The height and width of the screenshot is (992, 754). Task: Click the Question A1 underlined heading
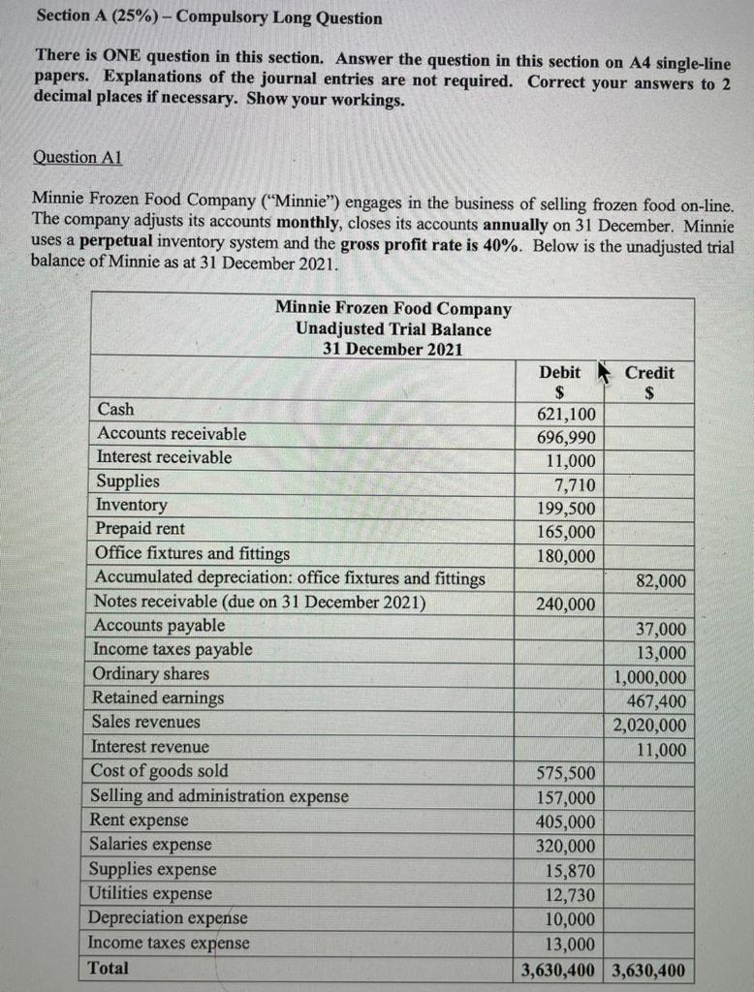pos(77,157)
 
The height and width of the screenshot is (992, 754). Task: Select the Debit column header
pos(559,373)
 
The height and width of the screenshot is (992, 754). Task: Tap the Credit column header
pos(649,373)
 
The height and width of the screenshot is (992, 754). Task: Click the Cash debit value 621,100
pos(566,415)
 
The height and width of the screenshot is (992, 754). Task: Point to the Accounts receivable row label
pos(172,434)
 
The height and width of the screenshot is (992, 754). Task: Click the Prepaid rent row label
pos(140,529)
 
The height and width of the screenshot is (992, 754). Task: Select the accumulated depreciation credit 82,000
pos(661,581)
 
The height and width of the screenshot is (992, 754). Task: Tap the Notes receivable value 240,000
pos(566,604)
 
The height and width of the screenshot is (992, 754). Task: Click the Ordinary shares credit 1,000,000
pos(650,677)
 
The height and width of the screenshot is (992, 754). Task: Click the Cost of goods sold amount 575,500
pos(566,773)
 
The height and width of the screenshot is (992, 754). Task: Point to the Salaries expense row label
pos(150,844)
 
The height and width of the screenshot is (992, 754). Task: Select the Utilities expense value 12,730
pos(570,895)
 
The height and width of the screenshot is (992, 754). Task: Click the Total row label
pos(109,967)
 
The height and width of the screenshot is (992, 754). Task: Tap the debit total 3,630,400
pos(558,970)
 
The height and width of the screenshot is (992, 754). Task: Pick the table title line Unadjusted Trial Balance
pos(393,329)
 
